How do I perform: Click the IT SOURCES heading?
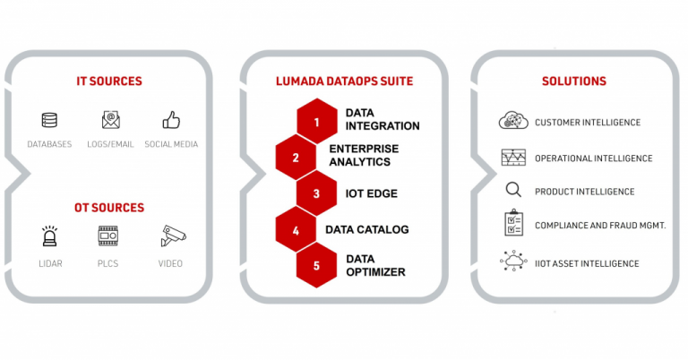click(x=109, y=81)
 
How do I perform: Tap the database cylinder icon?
click(x=49, y=120)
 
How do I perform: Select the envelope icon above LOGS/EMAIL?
click(x=110, y=120)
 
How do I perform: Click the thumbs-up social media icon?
click(x=171, y=120)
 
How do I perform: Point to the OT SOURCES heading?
click(x=109, y=208)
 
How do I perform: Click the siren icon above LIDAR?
click(x=49, y=236)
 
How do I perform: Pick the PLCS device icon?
click(x=107, y=236)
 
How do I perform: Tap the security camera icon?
click(x=173, y=236)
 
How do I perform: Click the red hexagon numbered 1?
click(x=317, y=122)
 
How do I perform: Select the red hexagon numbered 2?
click(x=296, y=158)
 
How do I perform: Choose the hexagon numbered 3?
click(x=316, y=193)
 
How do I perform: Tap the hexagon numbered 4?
click(x=296, y=230)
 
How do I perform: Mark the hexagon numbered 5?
click(x=316, y=265)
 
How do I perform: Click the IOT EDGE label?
click(x=371, y=193)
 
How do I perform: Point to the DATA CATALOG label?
click(x=366, y=229)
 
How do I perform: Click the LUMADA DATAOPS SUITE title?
click(x=344, y=81)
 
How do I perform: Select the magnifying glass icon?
click(x=513, y=190)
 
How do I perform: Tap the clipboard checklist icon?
click(x=513, y=223)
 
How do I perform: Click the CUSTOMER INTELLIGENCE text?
click(x=588, y=123)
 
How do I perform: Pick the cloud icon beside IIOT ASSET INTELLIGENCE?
click(x=513, y=261)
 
